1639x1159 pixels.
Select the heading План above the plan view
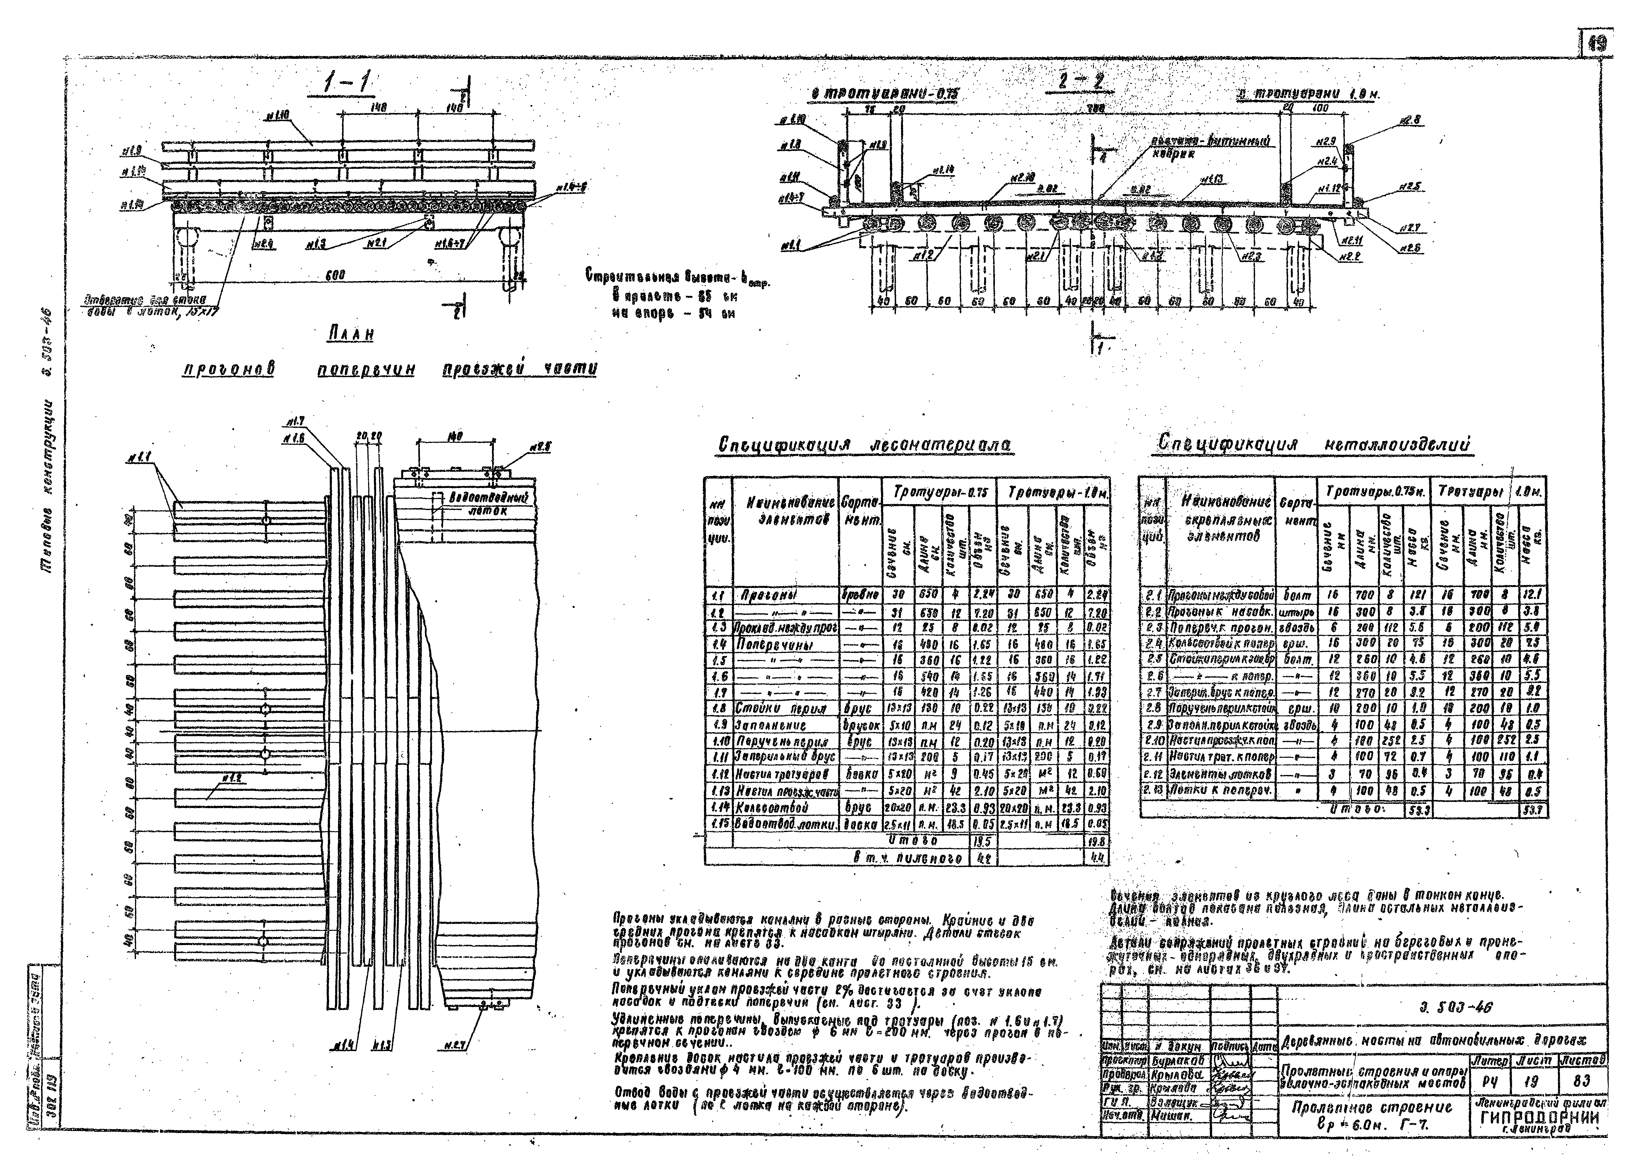[351, 334]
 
